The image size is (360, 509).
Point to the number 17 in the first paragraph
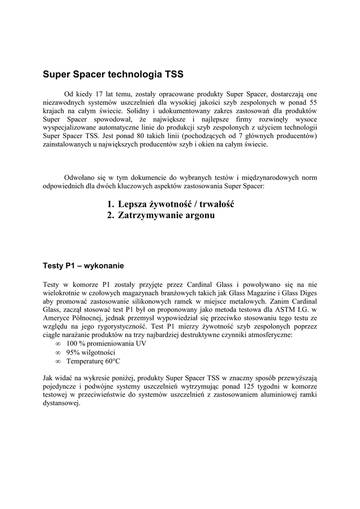(99, 93)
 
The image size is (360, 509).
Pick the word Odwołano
(81, 177)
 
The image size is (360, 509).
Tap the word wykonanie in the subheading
(104, 265)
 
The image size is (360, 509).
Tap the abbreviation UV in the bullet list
(141, 344)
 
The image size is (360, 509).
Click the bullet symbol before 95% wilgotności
(58, 352)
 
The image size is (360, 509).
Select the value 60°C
(110, 361)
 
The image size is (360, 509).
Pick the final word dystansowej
(62, 403)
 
